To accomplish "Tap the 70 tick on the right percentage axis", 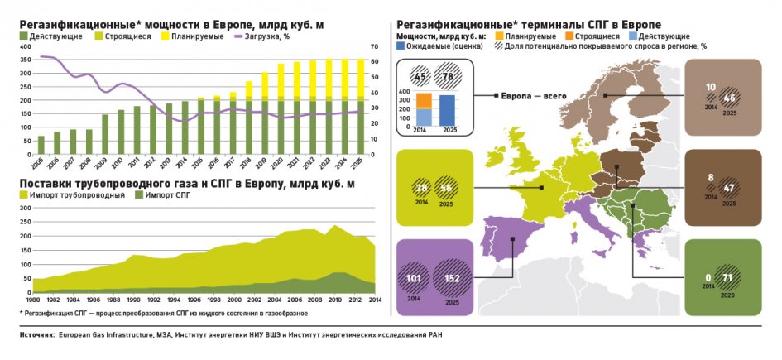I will point(373,46).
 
